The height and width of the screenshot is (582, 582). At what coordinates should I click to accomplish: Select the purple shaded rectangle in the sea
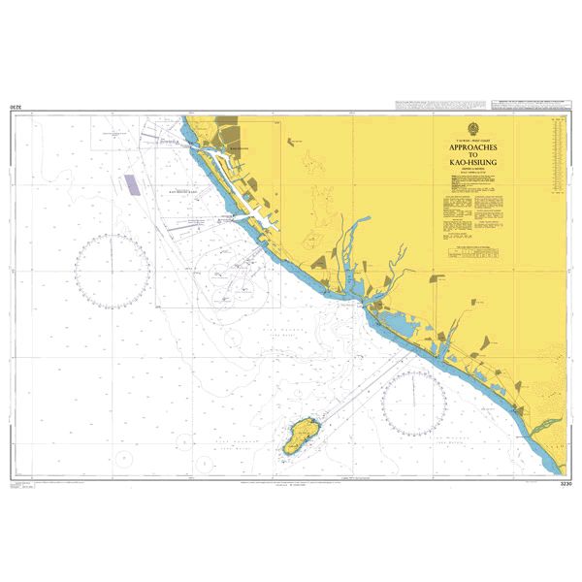pos(128,184)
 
